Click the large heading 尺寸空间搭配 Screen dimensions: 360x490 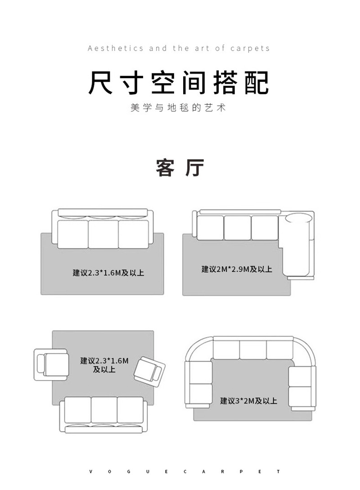[x=179, y=82]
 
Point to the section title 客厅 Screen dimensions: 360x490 [x=180, y=168]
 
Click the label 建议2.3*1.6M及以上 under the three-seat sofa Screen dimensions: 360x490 [x=108, y=273]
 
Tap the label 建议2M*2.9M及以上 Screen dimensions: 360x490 [x=237, y=270]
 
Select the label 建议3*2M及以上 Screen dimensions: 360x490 [x=248, y=401]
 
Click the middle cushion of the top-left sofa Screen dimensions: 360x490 [x=103, y=234]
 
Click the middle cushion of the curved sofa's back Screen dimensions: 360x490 [x=252, y=350]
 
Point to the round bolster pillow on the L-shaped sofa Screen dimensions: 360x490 [x=297, y=219]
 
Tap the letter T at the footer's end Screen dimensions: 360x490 [x=279, y=472]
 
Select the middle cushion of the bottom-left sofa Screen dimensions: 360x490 [x=104, y=410]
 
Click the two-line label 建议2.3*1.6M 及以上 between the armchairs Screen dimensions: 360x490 [x=104, y=365]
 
